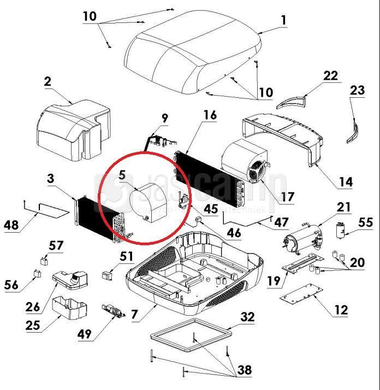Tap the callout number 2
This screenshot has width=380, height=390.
48,82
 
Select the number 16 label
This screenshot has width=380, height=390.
210,115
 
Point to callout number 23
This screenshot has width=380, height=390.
357,91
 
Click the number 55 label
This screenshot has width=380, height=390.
365,222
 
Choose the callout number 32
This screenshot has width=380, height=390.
247,317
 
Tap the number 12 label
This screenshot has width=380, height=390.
340,310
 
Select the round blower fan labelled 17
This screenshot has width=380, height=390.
245,160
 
